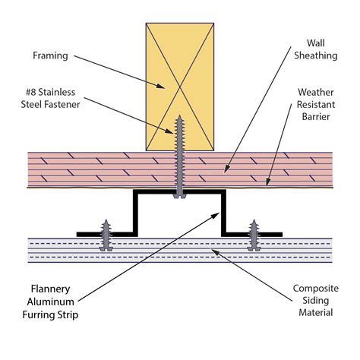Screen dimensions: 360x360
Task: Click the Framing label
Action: coord(50,55)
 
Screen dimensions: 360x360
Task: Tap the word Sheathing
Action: coord(315,55)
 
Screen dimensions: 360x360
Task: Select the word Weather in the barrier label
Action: coord(316,92)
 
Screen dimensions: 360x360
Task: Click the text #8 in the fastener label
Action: coord(31,92)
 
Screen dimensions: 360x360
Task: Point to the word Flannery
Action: coord(50,289)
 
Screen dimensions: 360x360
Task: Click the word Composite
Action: coord(316,289)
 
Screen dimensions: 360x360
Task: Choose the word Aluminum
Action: coord(50,302)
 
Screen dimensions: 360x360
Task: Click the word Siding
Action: coord(316,301)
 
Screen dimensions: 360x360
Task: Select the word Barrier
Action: coord(316,117)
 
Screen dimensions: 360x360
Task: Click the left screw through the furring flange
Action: coord(106,235)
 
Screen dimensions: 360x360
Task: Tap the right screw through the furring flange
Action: coord(254,235)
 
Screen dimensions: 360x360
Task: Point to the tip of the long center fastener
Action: coord(179,115)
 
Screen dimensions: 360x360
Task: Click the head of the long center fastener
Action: coord(179,195)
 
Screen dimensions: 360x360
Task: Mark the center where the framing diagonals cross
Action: coord(180,87)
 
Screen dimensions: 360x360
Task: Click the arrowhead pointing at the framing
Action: coord(160,86)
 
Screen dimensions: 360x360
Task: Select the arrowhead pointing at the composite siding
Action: coord(215,252)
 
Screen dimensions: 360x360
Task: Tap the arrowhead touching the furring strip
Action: coord(216,216)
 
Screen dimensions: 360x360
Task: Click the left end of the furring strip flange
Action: coord(77,235)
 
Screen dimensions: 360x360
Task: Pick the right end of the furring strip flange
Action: coord(282,235)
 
